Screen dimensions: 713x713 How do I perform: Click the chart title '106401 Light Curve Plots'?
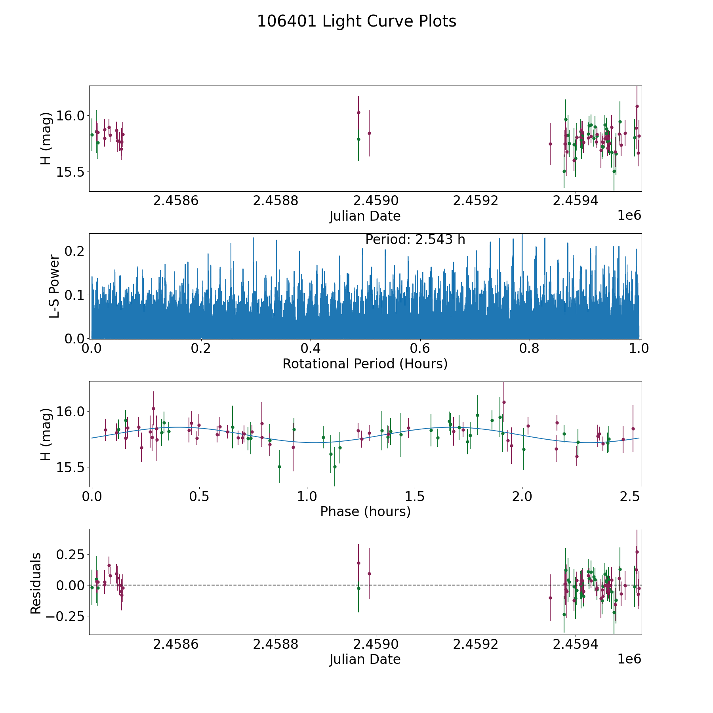[356, 21]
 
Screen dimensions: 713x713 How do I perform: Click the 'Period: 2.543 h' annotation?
[415, 240]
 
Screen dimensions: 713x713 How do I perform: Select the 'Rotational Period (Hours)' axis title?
[365, 364]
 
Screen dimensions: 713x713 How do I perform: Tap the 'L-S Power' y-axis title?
[54, 286]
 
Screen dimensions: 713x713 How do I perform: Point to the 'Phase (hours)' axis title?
[365, 512]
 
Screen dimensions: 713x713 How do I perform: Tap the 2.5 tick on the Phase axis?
[629, 496]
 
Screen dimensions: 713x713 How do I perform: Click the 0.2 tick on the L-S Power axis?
[75, 251]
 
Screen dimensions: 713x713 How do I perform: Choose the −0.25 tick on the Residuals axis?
[66, 616]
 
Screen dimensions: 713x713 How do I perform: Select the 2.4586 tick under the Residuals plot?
[175, 644]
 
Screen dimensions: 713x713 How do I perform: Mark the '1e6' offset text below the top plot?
[629, 215]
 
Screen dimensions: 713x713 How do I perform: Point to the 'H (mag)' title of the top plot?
[46, 138]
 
